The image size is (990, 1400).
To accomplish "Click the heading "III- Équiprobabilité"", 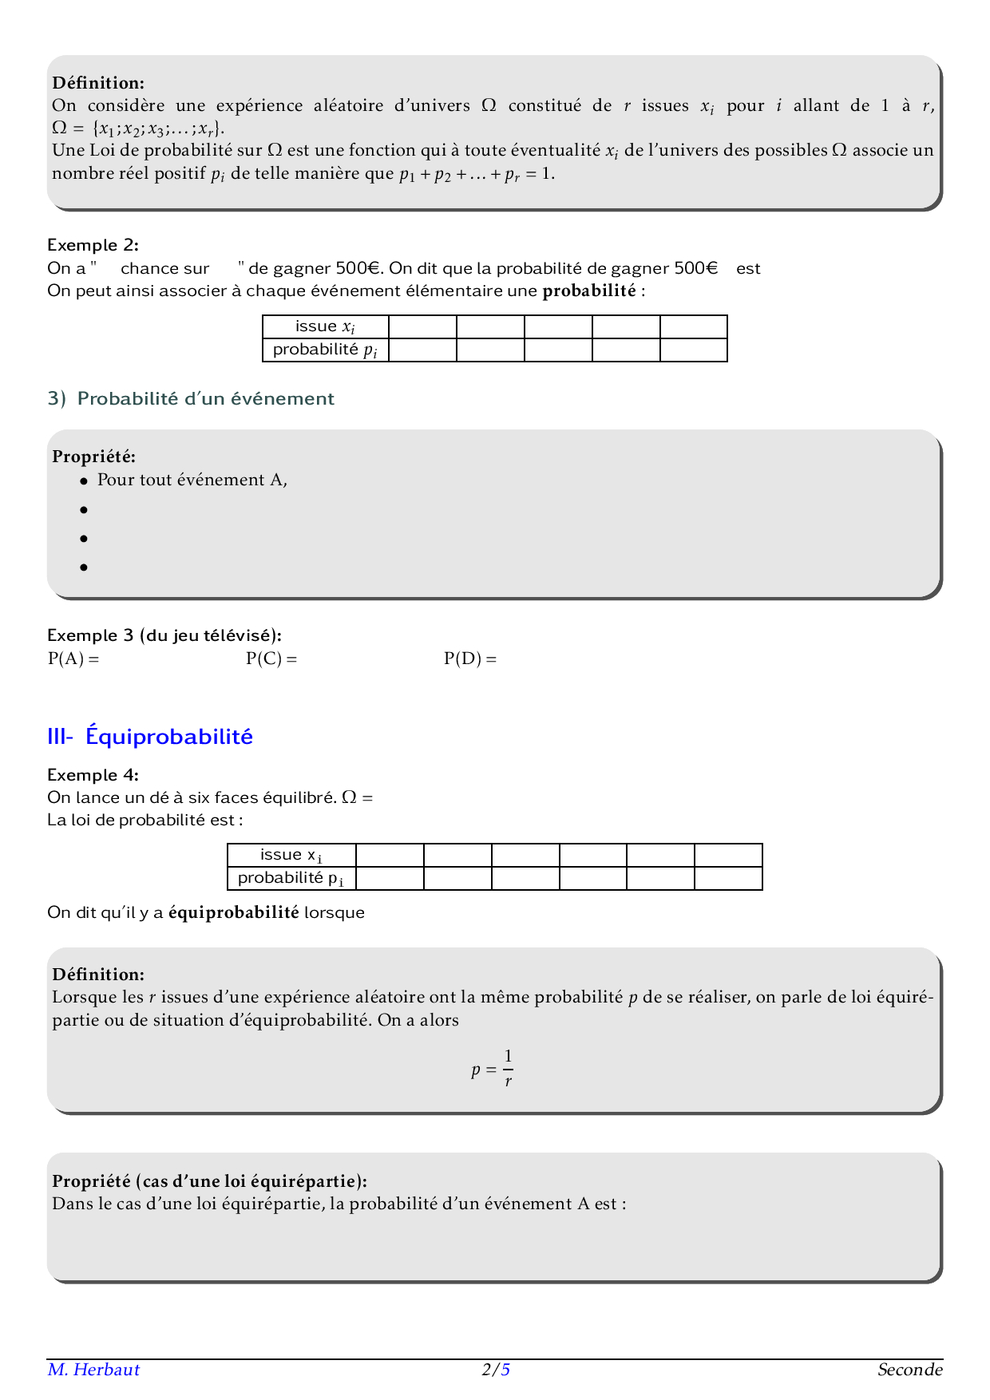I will [x=150, y=736].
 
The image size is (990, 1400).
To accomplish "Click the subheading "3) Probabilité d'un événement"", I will [x=191, y=398].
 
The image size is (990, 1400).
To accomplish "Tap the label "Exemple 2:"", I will [x=93, y=245].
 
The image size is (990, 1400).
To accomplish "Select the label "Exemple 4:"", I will [x=93, y=775].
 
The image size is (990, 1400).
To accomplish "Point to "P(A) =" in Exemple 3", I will [x=73, y=658].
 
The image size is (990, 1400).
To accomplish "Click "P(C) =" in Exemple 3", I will [x=271, y=658].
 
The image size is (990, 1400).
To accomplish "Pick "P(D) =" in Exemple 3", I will [x=470, y=658].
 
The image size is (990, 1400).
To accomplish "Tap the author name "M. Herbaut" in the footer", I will [x=93, y=1370].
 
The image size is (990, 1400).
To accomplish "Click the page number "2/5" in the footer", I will [x=496, y=1370].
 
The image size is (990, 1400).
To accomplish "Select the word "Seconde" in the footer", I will [x=909, y=1370].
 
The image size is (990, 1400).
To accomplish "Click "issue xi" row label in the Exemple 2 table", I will [x=325, y=326].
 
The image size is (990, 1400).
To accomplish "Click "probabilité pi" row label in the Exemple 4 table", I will [x=291, y=878].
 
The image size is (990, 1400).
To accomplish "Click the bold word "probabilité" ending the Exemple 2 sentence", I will [x=589, y=291].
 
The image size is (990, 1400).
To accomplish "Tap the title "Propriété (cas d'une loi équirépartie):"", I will [x=209, y=1181].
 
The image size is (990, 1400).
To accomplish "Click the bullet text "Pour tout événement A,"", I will [x=192, y=480].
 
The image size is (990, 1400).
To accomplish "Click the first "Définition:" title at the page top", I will [x=98, y=83].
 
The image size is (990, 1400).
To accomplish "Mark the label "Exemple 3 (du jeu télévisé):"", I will [x=164, y=635].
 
